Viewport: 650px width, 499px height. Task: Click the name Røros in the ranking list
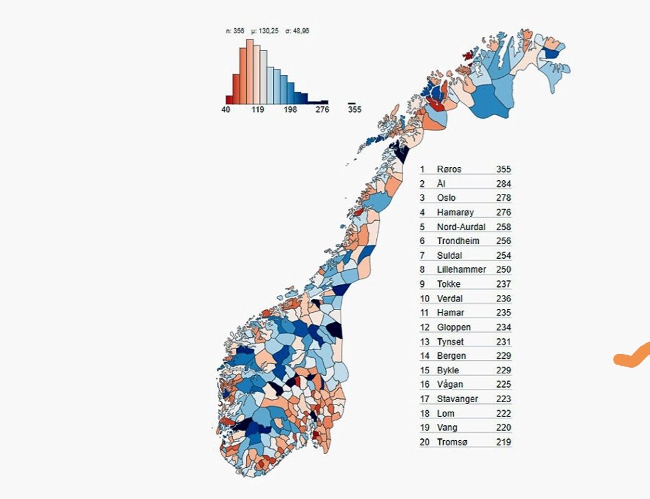(449, 169)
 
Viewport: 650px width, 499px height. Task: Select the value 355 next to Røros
(503, 169)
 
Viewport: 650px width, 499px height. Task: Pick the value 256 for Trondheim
(503, 241)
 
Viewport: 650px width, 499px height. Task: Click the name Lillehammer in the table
(461, 270)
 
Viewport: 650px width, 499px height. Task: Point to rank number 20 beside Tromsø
(424, 442)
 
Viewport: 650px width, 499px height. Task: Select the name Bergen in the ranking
(451, 356)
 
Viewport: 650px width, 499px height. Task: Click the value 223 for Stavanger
(503, 399)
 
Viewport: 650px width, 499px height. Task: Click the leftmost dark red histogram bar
(229, 99)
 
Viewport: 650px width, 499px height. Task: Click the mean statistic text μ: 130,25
(264, 31)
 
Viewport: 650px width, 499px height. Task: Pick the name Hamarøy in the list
(455, 213)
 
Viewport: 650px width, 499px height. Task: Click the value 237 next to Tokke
(503, 284)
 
